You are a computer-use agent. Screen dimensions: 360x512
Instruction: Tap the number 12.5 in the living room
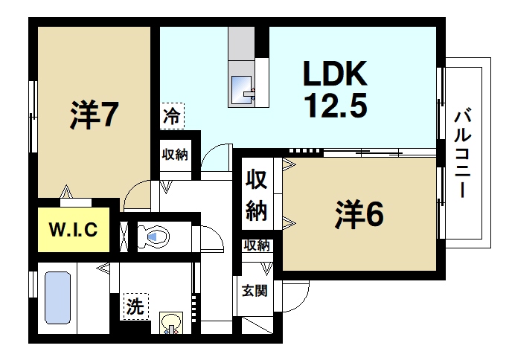pyautogui.click(x=334, y=106)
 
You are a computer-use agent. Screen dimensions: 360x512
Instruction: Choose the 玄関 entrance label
pyautogui.click(x=249, y=291)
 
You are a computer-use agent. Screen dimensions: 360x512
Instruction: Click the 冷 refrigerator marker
pyautogui.click(x=171, y=117)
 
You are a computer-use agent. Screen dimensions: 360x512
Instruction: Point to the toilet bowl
pyautogui.click(x=154, y=237)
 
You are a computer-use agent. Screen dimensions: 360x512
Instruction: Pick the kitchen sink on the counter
pyautogui.click(x=242, y=89)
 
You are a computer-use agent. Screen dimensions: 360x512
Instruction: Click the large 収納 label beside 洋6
pyautogui.click(x=257, y=196)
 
